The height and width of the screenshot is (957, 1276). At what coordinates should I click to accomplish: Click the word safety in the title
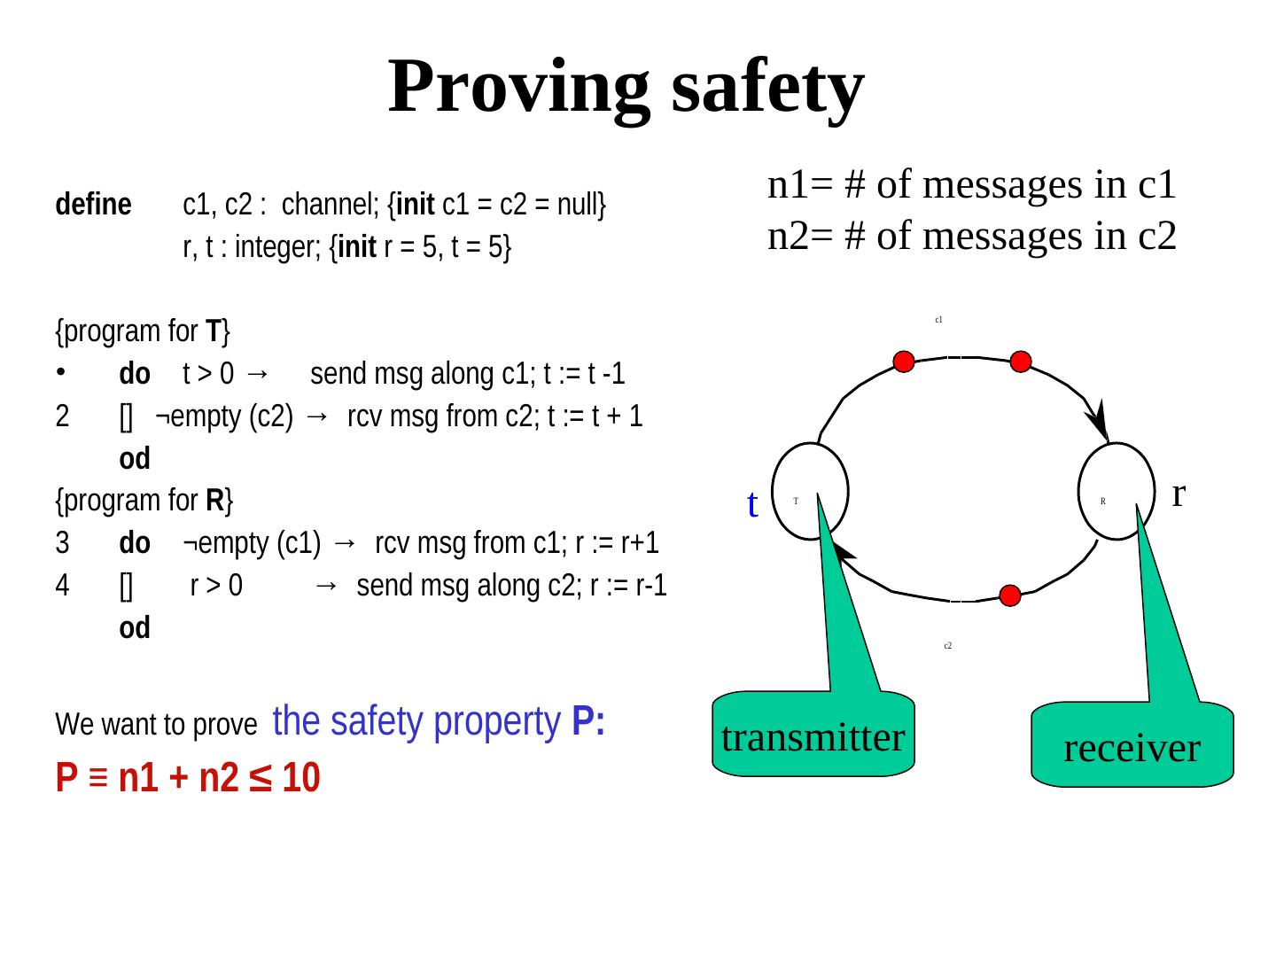point(767,87)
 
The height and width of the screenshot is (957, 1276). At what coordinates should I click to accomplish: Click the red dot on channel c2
point(1010,595)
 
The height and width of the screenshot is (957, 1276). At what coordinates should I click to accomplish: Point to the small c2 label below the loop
point(947,646)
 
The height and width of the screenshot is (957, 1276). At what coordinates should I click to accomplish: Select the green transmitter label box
point(813,735)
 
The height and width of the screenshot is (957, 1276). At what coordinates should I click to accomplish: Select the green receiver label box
point(1132,747)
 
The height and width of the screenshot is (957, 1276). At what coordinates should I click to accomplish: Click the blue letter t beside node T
point(752,505)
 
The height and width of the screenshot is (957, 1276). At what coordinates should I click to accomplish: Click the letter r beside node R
point(1179,492)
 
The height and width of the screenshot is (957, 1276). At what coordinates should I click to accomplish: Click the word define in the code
point(93,206)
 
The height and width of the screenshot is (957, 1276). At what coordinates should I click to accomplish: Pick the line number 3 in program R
point(62,543)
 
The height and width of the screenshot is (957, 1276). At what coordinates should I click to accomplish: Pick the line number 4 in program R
point(62,586)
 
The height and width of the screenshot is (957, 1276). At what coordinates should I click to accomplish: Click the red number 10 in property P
point(301,779)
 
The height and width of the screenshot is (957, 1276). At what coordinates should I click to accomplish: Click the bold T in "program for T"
point(213,332)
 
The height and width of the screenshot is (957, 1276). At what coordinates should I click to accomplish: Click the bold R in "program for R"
point(214,502)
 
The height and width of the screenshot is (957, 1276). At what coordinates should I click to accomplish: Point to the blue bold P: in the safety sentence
point(588,723)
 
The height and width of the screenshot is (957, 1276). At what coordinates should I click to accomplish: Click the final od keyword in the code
point(135,628)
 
